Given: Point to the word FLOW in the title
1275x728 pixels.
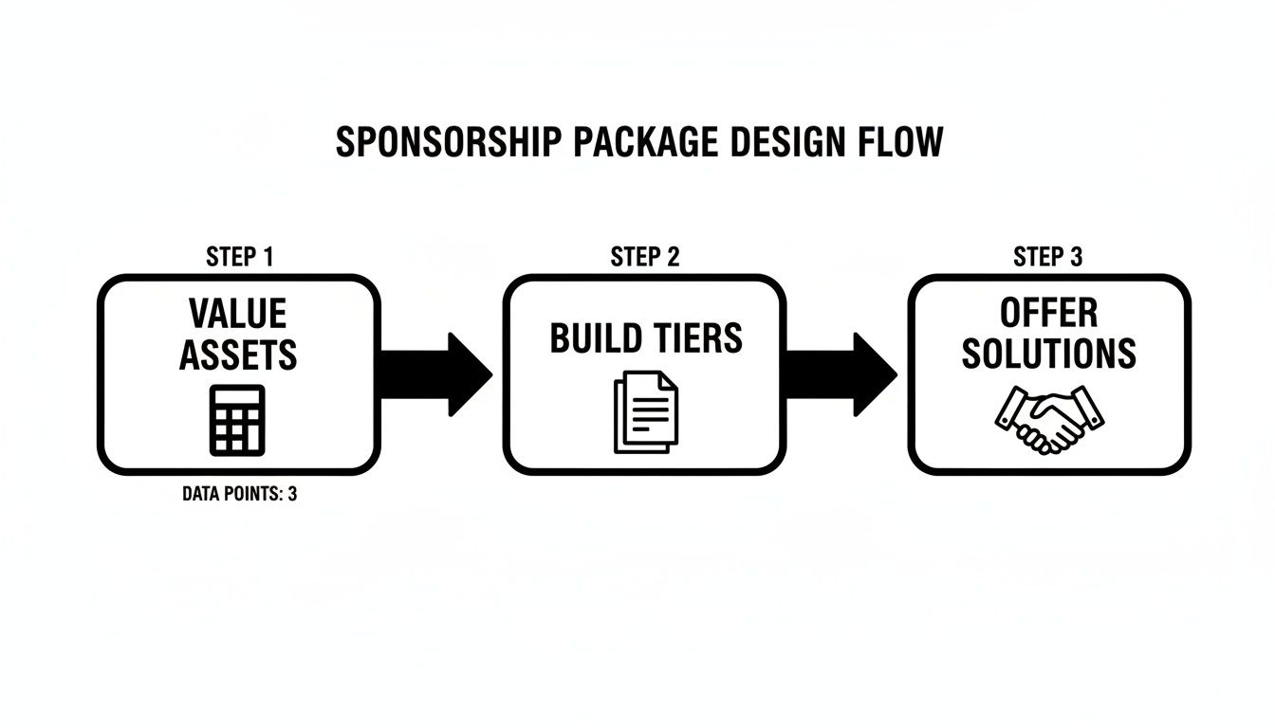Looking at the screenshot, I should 905,142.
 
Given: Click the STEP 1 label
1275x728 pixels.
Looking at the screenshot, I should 240,257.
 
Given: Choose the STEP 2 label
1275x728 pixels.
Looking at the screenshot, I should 645,257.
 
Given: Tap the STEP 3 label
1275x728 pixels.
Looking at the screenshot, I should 1048,257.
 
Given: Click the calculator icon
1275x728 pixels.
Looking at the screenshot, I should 237,420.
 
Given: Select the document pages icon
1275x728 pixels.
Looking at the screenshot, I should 646,412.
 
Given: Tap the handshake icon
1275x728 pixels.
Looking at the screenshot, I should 1049,417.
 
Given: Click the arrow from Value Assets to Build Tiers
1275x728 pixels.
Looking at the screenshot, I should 436,374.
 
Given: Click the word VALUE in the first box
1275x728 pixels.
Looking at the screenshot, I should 237,313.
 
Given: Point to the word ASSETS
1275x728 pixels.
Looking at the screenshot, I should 238,355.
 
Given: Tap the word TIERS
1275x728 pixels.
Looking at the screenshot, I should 698,338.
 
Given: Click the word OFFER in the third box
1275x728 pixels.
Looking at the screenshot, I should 1048,312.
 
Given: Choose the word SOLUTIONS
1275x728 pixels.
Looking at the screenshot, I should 1048,354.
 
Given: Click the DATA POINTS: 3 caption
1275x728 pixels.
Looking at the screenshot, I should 239,494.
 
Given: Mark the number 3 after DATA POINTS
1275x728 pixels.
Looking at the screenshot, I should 291,494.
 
